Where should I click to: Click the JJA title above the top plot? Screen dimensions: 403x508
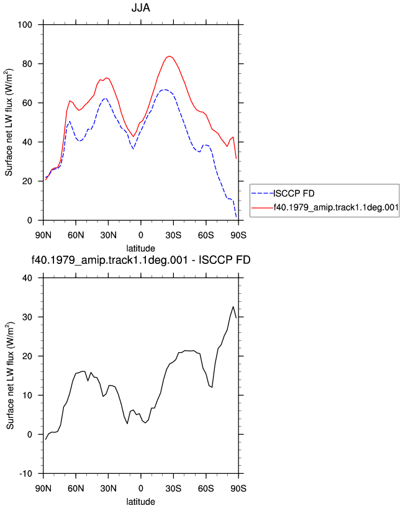click(x=140, y=8)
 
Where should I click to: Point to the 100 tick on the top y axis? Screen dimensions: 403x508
click(x=25, y=25)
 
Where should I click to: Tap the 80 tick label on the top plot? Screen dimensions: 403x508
click(x=27, y=64)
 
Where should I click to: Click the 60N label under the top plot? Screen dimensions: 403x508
click(x=76, y=235)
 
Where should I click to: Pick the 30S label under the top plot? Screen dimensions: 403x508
click(x=173, y=235)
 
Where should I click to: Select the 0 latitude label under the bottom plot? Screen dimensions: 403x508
click(x=140, y=488)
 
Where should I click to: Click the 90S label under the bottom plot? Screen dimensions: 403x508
click(x=238, y=488)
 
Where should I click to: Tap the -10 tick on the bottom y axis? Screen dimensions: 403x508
click(x=26, y=474)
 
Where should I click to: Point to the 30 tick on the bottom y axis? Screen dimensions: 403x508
click(x=27, y=317)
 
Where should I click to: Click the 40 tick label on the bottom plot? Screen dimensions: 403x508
click(x=27, y=278)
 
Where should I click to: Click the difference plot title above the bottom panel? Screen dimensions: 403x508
click(x=140, y=260)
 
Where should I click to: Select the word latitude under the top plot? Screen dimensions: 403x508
click(x=140, y=248)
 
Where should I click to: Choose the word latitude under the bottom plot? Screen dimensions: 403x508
click(x=140, y=502)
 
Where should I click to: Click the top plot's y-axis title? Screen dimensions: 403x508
click(x=9, y=122)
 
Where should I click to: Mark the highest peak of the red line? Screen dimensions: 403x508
click(x=170, y=56)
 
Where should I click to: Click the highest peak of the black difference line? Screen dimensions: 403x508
click(x=233, y=306)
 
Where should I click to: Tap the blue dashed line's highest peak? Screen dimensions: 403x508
click(x=165, y=89)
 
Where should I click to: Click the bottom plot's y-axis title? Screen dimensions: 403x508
click(x=10, y=376)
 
